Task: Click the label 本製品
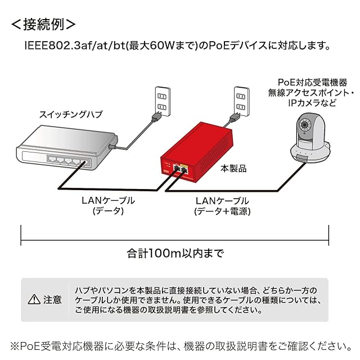point(233,168)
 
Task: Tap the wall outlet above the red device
point(241,98)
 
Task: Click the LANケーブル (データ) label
point(108,205)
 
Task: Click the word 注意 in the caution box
point(52,299)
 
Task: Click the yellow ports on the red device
point(180,168)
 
